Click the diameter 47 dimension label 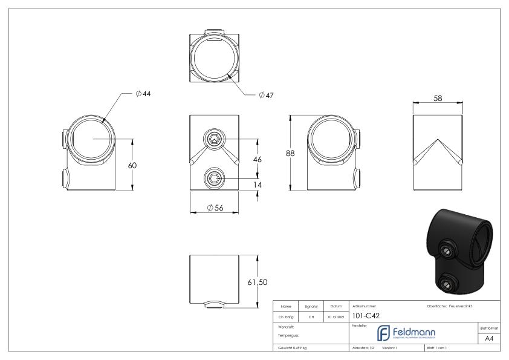266,96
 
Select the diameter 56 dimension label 215,208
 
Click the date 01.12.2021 336,315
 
